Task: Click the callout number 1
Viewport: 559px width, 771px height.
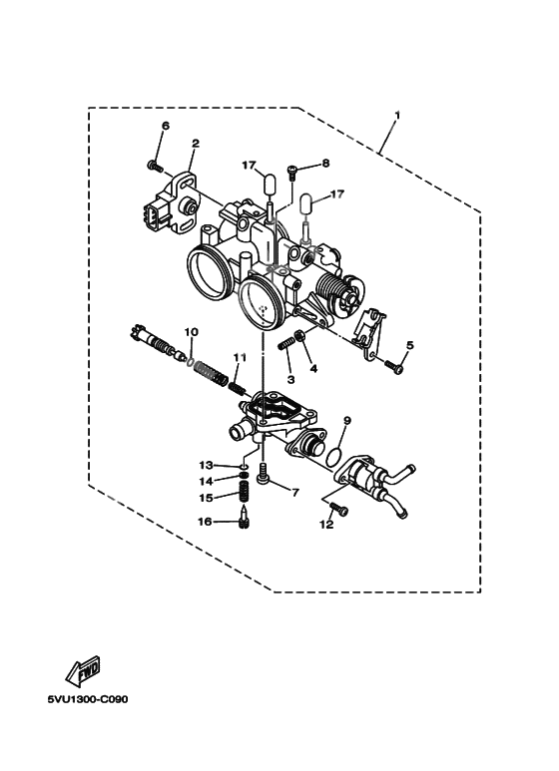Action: pos(397,116)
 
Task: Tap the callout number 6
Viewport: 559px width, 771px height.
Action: pos(166,126)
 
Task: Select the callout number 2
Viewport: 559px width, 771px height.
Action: pos(196,144)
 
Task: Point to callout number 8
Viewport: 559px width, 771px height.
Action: pos(325,164)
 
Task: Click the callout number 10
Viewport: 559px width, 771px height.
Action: pos(192,332)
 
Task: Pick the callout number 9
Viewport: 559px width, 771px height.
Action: pos(347,421)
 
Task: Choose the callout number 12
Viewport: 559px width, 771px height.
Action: pos(326,525)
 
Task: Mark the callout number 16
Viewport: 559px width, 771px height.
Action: pos(205,522)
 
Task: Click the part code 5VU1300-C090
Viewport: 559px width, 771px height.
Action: pos(88,699)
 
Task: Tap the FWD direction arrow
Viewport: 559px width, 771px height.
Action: pos(84,670)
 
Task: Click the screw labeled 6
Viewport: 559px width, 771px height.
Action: pos(155,167)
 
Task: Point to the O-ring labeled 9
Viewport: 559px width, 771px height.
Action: pos(334,456)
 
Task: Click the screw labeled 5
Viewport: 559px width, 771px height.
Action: pos(394,366)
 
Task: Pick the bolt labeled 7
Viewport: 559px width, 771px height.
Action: pos(265,474)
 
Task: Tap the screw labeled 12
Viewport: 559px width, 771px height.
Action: pos(338,509)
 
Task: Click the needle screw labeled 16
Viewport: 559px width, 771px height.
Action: pos(244,519)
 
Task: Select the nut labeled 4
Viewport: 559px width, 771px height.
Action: pos(298,335)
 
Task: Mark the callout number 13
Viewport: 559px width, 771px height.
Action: pos(206,465)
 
